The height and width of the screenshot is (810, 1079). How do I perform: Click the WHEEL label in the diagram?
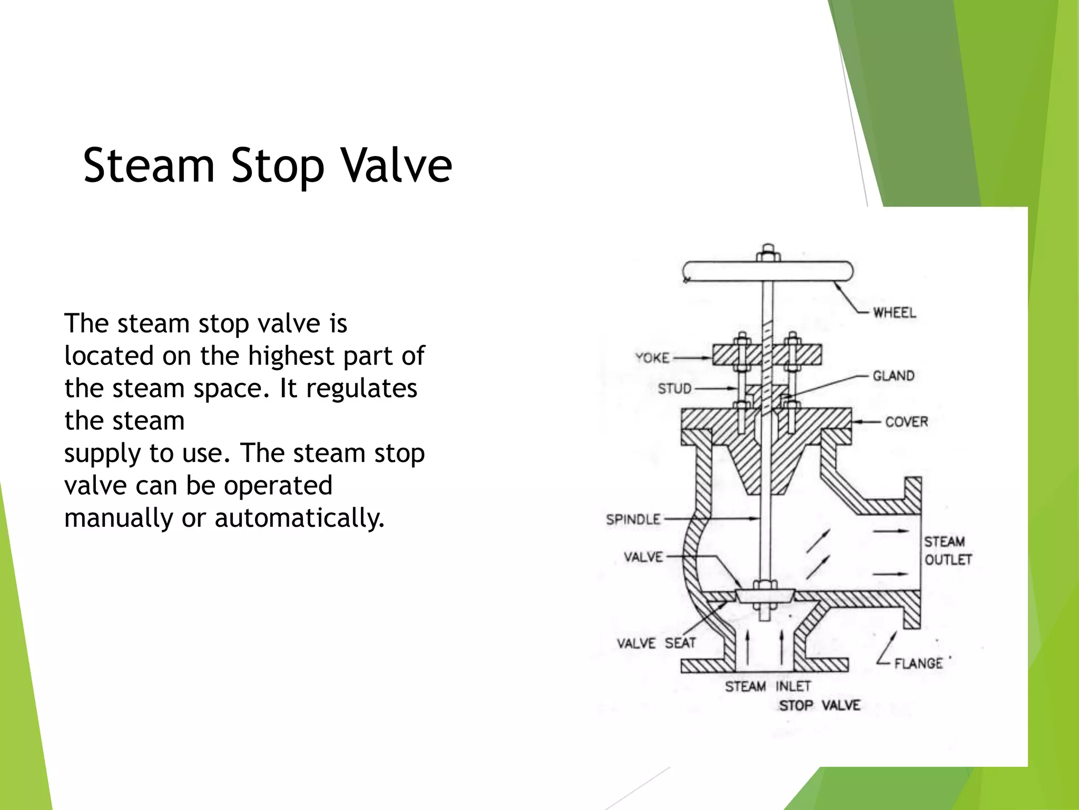[x=894, y=313]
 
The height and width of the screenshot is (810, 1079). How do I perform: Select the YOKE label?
[x=652, y=358]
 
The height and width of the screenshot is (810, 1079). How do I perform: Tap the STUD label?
[x=674, y=389]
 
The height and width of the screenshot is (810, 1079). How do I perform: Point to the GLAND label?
[x=893, y=376]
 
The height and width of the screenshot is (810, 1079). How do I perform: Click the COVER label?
[x=906, y=422]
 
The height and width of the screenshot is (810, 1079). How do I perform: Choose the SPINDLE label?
[x=633, y=519]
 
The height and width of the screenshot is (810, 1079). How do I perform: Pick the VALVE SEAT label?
[x=656, y=643]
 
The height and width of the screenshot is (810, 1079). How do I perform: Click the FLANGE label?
[x=918, y=663]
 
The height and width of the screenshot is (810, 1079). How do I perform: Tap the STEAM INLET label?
[x=768, y=687]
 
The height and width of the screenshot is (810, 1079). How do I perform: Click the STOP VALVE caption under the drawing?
[x=819, y=706]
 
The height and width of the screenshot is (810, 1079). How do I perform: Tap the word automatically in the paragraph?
[x=299, y=518]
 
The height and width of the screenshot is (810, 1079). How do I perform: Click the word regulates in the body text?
[x=361, y=389]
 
